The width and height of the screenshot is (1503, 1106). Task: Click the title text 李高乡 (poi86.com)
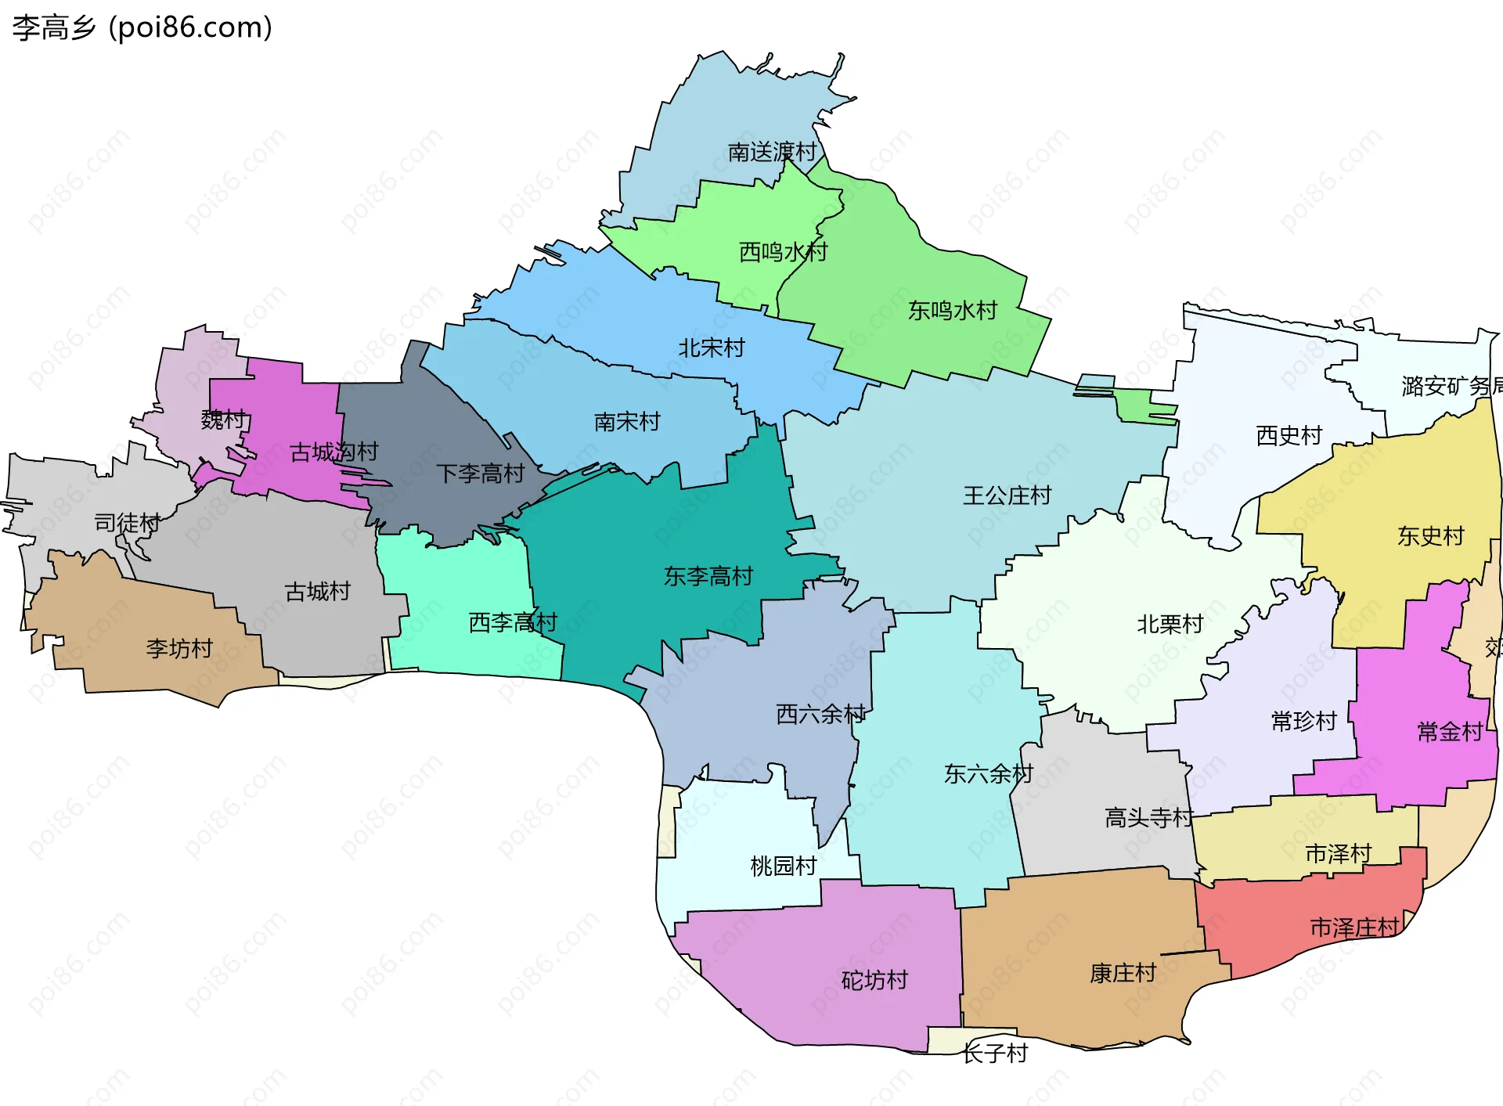coord(142,27)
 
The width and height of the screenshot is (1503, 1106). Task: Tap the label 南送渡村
coord(772,152)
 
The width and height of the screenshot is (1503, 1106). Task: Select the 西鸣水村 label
coord(783,252)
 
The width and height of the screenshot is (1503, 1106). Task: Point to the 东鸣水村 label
coord(952,311)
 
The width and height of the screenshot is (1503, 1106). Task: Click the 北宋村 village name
coord(711,348)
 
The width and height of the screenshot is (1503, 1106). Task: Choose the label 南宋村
coord(627,422)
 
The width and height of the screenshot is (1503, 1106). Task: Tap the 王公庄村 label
coord(1007,495)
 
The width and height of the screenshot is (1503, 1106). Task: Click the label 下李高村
coord(480,473)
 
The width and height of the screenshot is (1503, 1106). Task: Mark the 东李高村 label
coord(708,576)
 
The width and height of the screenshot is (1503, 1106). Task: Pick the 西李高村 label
coord(513,622)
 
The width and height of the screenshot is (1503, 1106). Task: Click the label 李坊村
coord(179,648)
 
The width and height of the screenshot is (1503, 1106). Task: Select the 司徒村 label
coord(127,522)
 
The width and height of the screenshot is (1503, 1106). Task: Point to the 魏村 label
coord(223,420)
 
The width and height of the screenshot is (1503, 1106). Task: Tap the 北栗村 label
coord(1170,624)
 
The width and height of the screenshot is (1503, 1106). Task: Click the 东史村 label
coord(1430,536)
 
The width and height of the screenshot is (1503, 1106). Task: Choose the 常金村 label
coord(1450,732)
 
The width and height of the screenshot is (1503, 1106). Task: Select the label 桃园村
coord(783,866)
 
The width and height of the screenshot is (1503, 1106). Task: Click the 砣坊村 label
coord(874,980)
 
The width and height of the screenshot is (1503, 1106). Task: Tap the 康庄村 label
coord(1123,973)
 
